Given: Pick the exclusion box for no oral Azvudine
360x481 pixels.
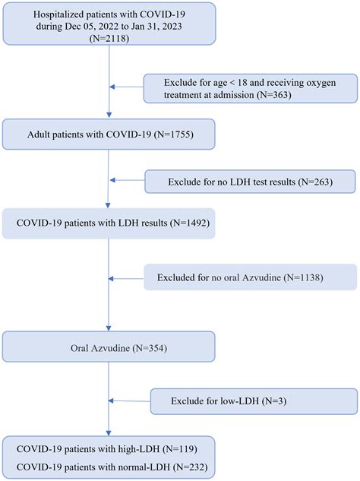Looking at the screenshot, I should pos(250,277).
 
